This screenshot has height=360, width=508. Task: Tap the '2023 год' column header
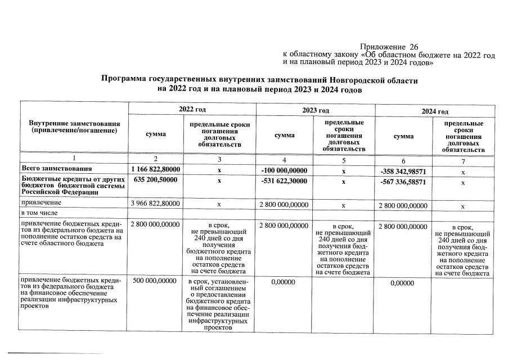pyautogui.click(x=316, y=110)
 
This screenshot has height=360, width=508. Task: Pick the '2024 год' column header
pyautogui.click(x=435, y=111)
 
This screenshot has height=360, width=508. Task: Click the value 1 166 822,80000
pyautogui.click(x=155, y=169)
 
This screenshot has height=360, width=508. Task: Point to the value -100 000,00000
pyautogui.click(x=285, y=170)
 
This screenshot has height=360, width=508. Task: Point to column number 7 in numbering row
pyautogui.click(x=463, y=162)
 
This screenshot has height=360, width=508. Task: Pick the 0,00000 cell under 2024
pyautogui.click(x=402, y=283)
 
